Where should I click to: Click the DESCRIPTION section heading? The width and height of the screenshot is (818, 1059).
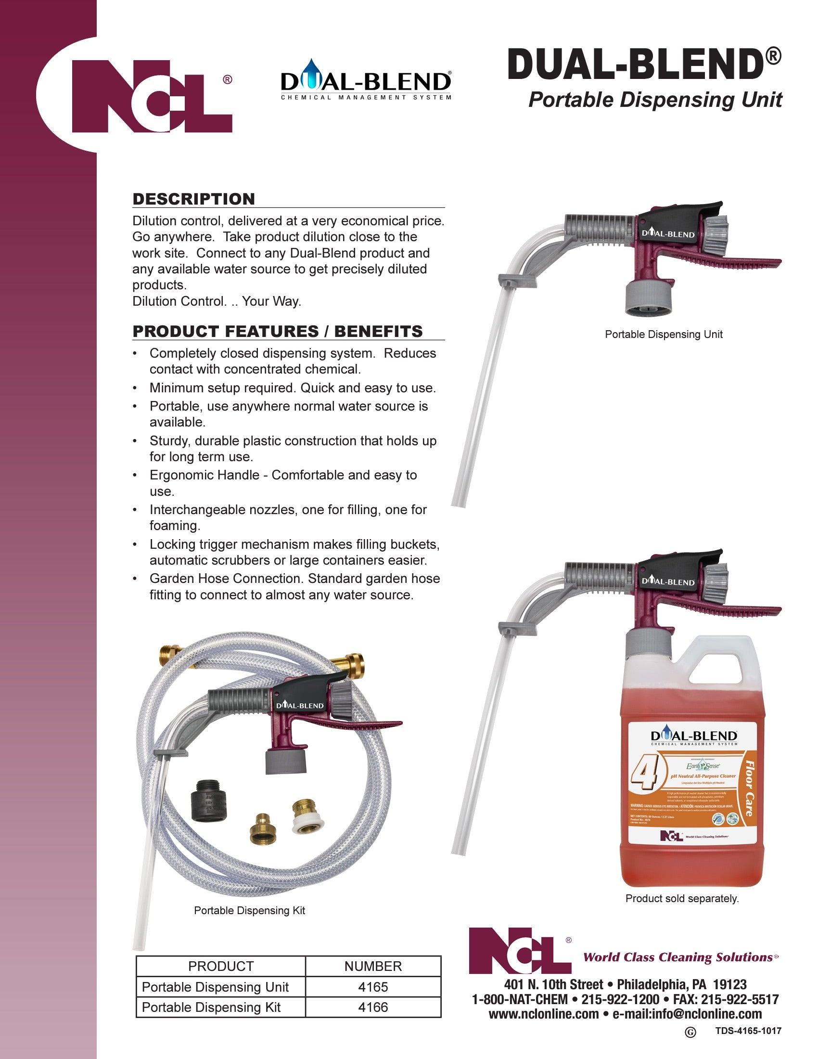point(193,199)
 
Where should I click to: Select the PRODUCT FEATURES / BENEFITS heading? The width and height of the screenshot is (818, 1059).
point(277,331)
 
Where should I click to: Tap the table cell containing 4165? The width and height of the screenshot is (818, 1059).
point(372,987)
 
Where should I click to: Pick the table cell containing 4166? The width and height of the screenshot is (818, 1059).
point(372,1007)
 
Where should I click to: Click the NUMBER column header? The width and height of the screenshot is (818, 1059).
point(372,967)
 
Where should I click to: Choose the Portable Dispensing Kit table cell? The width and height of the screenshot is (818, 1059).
point(211,1007)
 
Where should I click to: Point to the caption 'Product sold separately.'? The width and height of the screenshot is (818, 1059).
point(682,899)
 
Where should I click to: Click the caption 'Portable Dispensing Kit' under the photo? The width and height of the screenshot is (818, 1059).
point(249,911)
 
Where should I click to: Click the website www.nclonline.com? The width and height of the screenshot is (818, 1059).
point(543,1014)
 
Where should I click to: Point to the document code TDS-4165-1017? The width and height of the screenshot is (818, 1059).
point(748,1031)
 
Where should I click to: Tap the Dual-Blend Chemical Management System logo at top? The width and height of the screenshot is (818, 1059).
point(366,82)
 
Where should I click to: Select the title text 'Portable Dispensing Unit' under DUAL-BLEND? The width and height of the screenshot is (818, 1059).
point(655,100)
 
